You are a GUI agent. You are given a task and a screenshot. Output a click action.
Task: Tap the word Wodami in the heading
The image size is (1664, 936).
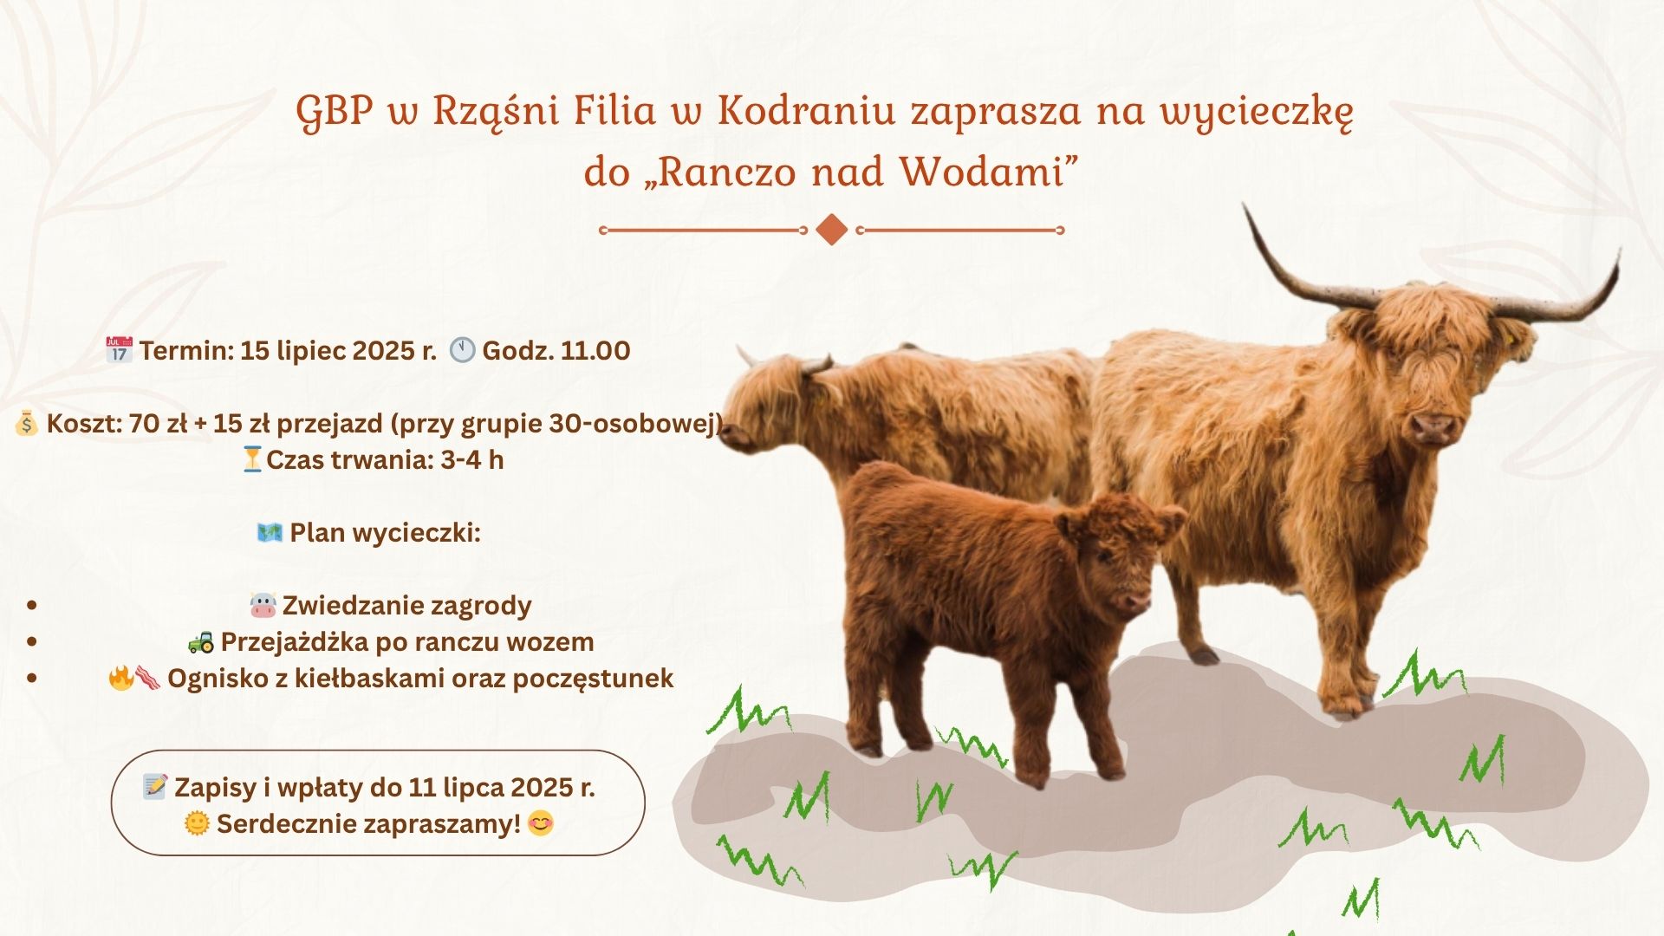point(981,172)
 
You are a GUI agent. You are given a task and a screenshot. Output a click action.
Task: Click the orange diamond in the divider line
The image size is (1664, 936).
point(832,230)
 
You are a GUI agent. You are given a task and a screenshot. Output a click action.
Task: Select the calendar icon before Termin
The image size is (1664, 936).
point(119,350)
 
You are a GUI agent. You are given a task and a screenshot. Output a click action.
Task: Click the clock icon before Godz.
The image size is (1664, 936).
point(462,350)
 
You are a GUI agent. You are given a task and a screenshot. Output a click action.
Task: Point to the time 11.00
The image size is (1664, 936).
point(595,350)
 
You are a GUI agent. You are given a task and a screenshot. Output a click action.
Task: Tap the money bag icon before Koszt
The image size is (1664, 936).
point(26,424)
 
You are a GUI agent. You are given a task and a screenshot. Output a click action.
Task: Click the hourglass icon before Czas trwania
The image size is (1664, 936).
point(252,459)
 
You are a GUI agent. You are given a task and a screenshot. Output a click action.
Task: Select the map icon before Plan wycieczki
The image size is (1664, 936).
point(270,532)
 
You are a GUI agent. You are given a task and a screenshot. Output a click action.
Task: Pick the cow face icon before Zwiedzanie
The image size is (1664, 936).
point(263,605)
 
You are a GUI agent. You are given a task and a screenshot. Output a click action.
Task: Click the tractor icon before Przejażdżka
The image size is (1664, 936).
point(201,642)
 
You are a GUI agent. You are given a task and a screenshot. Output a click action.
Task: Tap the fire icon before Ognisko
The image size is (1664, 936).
point(120,678)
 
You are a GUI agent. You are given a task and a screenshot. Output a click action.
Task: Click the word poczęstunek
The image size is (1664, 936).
point(593,679)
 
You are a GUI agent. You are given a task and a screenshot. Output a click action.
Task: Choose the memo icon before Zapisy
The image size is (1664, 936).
point(155,786)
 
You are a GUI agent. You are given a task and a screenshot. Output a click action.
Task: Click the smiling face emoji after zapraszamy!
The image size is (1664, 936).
point(541,823)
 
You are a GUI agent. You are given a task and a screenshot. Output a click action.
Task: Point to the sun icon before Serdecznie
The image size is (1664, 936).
point(198,823)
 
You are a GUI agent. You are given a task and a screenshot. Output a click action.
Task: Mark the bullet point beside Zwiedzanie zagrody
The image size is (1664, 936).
point(32,605)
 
